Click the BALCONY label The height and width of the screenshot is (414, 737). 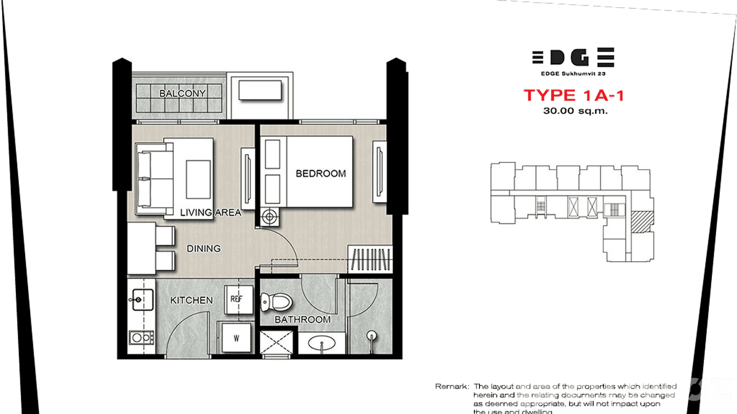click(x=182, y=93)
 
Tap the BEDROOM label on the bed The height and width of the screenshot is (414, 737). click(x=321, y=174)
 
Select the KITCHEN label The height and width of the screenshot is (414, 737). click(x=191, y=300)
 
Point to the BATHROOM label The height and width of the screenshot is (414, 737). click(x=303, y=320)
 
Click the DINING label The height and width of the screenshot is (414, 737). click(x=203, y=249)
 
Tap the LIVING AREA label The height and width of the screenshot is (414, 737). click(x=210, y=212)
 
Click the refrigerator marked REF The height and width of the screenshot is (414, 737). click(x=237, y=299)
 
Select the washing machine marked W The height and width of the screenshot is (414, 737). click(x=236, y=338)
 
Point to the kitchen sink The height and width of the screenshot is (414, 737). click(x=137, y=300)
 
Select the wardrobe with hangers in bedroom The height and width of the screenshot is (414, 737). click(x=371, y=260)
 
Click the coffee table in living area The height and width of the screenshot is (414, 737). click(x=198, y=179)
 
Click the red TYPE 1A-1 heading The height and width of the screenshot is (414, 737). click(x=573, y=95)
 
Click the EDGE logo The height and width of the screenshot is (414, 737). click(x=573, y=58)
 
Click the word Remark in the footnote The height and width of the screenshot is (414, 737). click(x=452, y=387)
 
